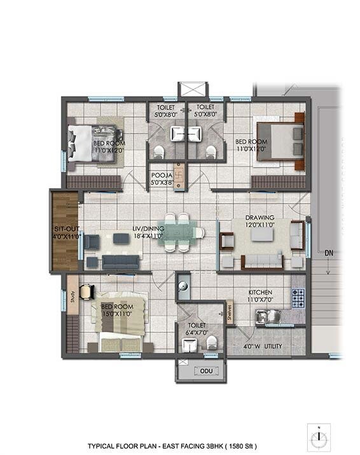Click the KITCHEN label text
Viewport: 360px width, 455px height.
pyautogui.click(x=261, y=294)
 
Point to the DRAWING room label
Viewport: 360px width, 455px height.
pyautogui.click(x=261, y=216)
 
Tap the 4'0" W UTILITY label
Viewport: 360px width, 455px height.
pyautogui.click(x=263, y=347)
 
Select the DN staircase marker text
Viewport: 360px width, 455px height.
pyautogui.click(x=328, y=253)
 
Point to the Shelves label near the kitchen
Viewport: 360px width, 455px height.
pyautogui.click(x=230, y=311)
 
